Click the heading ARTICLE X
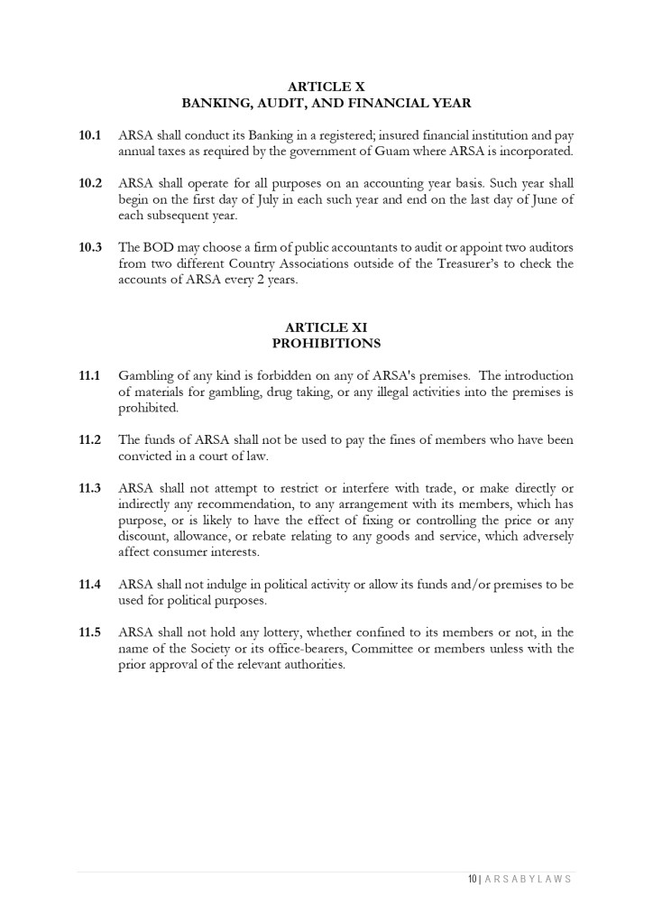[x=326, y=88]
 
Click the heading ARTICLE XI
[x=326, y=328]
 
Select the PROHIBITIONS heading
[x=326, y=344]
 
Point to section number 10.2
[x=90, y=183]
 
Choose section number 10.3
[x=90, y=247]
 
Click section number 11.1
[x=90, y=375]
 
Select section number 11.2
[x=90, y=440]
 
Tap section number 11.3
[x=90, y=488]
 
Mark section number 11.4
[x=90, y=585]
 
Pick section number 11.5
[x=90, y=632]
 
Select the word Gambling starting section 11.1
[x=147, y=375]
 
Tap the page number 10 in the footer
[x=472, y=879]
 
